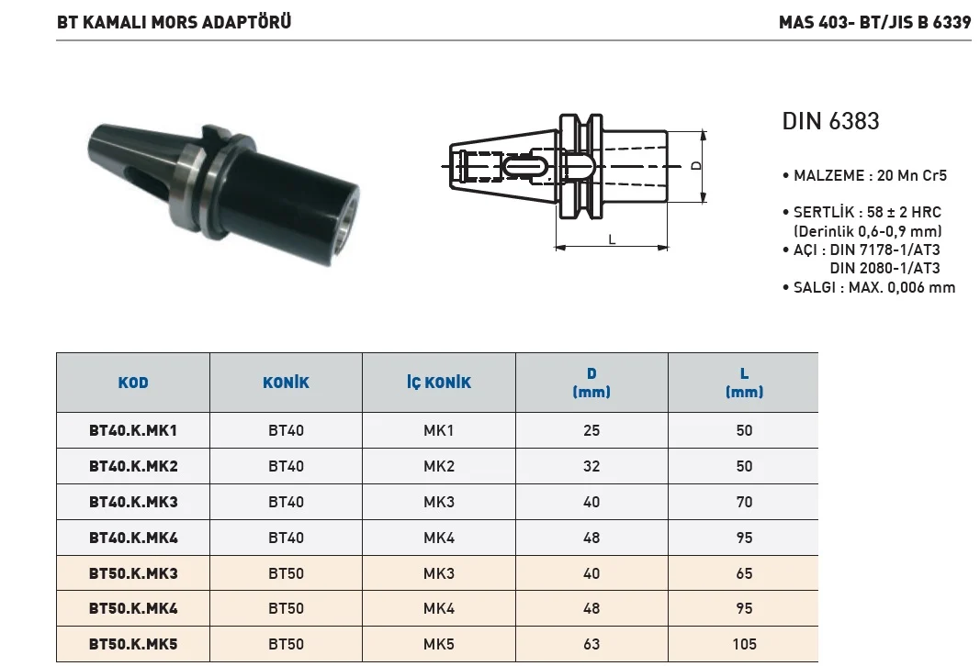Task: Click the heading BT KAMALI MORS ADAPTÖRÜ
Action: [174, 22]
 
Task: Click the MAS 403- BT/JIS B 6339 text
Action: [875, 22]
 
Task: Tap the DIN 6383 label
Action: [830, 121]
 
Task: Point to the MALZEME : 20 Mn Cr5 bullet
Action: [865, 175]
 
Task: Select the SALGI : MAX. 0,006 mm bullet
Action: [869, 288]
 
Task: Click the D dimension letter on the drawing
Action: [695, 166]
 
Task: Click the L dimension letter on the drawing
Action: [612, 239]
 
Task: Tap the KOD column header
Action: [133, 383]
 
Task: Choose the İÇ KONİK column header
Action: [439, 382]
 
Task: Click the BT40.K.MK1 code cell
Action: [133, 430]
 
